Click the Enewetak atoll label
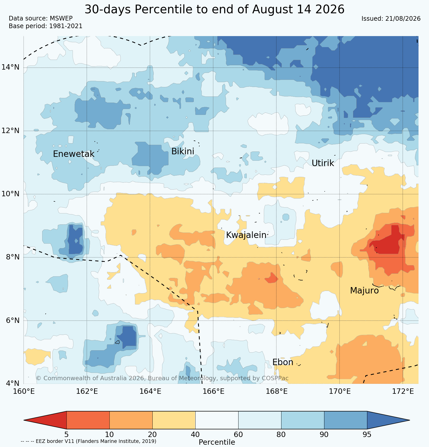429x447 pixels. click(74, 154)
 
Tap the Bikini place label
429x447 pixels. click(183, 151)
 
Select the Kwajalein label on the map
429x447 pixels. click(246, 235)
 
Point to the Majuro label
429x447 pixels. click(364, 291)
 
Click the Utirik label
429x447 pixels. click(323, 163)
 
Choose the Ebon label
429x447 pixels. click(283, 362)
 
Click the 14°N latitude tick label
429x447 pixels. click(10, 67)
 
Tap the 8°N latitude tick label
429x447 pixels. click(12, 257)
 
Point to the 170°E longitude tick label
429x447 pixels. click(340, 391)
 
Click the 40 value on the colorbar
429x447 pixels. click(195, 434)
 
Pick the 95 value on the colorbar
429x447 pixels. click(367, 434)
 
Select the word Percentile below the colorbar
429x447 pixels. click(217, 442)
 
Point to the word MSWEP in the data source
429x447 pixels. click(61, 18)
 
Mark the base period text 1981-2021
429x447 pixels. click(66, 26)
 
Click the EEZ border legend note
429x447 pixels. click(88, 441)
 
